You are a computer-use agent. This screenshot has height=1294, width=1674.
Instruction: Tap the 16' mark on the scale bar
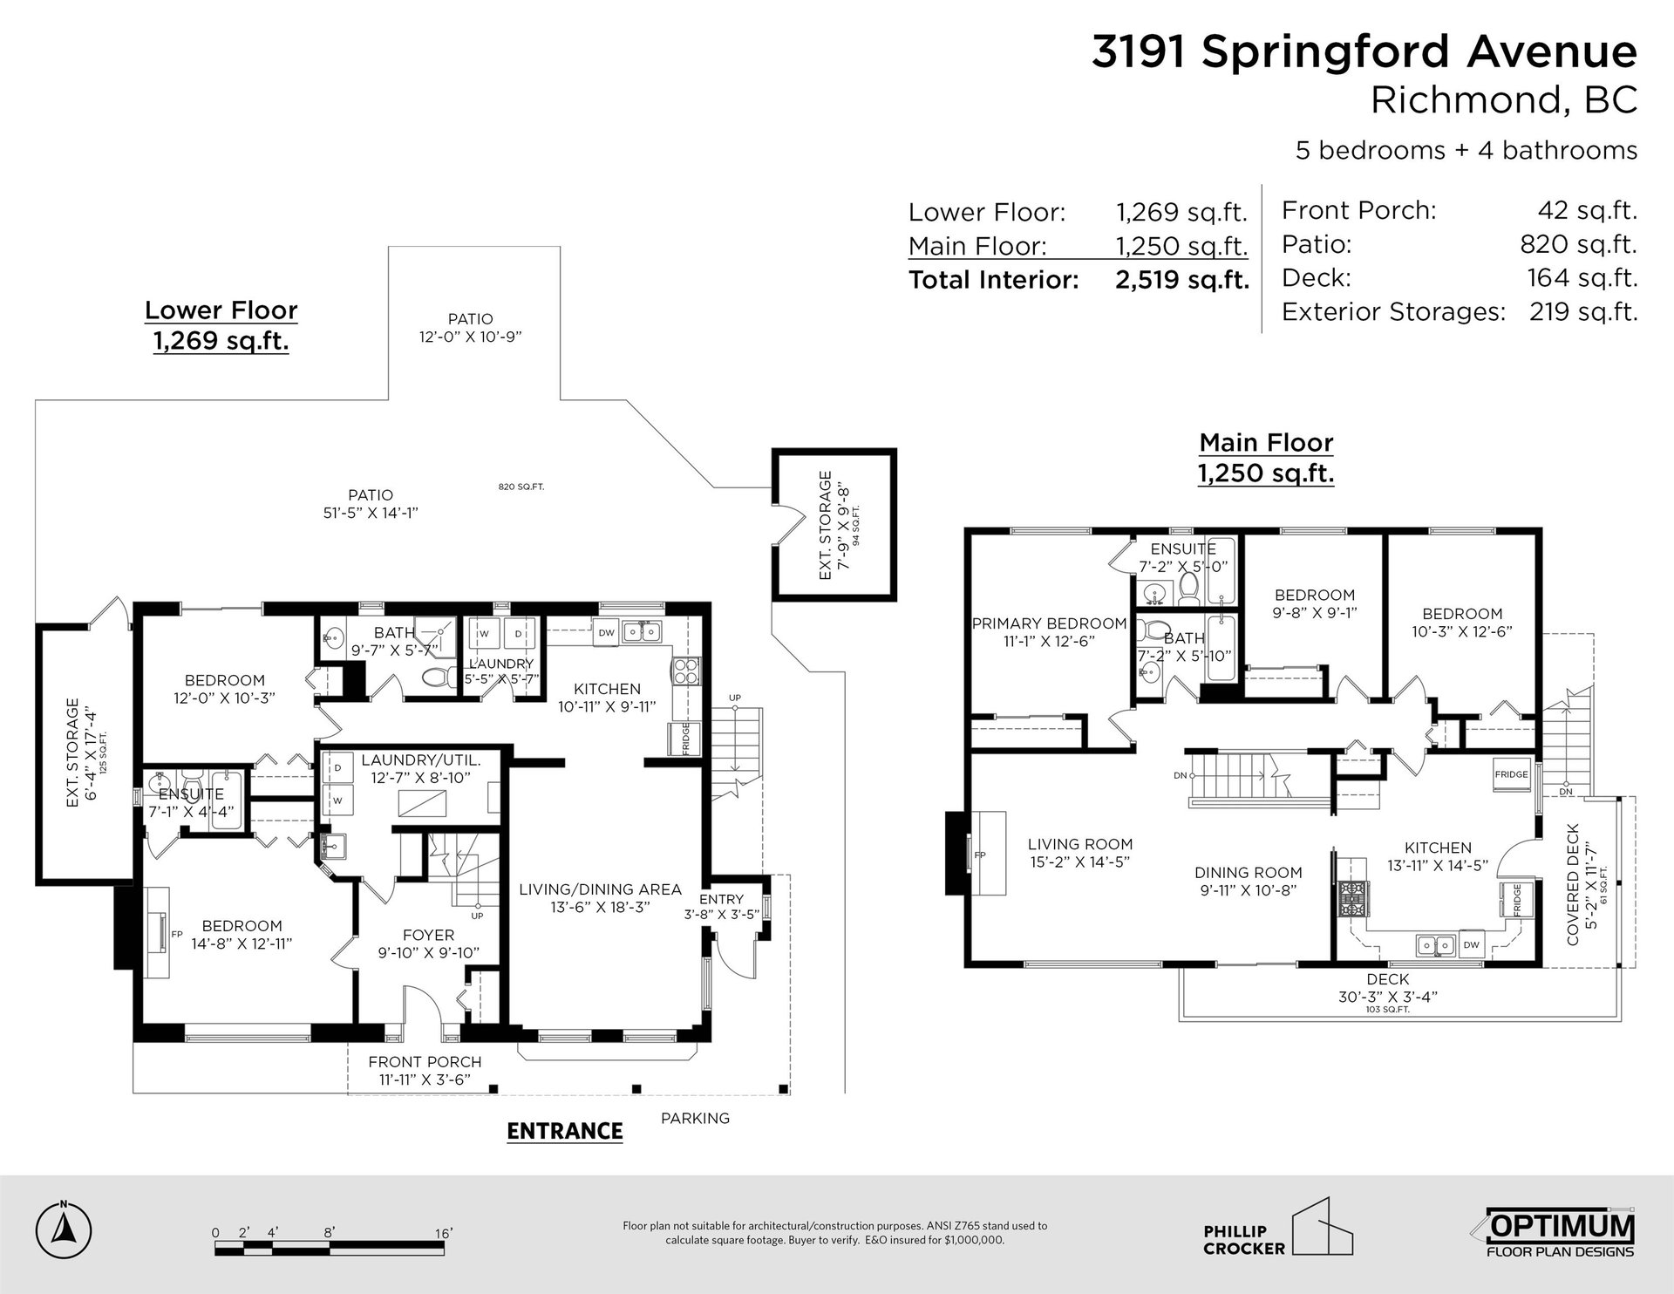pos(443,1233)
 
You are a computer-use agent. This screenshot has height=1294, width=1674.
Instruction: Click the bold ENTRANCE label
pos(565,1131)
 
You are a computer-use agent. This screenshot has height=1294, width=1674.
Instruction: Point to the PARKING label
pos(695,1118)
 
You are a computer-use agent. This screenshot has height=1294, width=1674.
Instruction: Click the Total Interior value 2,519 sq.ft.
pos(1182,281)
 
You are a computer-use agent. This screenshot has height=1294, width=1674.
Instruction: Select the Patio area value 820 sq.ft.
pos(1579,245)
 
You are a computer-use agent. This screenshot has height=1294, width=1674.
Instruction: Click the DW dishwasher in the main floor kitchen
pos(1471,944)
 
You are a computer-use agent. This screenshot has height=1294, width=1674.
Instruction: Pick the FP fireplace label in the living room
pos(980,855)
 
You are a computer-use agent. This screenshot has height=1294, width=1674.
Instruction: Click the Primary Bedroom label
pos(1050,623)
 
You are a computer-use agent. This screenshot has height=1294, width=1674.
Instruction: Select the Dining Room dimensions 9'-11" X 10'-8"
pos(1249,890)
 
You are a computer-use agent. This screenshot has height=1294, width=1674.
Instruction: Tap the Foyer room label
pos(429,935)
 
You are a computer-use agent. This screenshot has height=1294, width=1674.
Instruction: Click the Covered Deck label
pos(1573,884)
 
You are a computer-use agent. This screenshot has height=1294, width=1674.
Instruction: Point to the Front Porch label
pos(425,1062)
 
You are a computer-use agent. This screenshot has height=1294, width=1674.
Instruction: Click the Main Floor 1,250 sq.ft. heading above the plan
pos(1266,458)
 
